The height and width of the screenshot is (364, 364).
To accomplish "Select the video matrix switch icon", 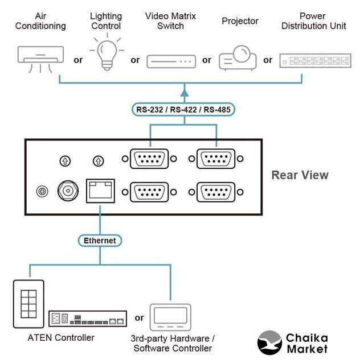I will point(171,61).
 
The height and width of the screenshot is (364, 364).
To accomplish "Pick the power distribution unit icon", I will point(314,60).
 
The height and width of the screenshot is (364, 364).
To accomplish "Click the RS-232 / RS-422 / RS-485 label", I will point(184,109).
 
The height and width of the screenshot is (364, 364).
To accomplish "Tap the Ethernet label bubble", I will point(100,241).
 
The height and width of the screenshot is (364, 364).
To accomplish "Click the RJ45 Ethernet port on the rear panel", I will point(100,191).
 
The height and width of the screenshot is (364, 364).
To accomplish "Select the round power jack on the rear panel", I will point(68,191).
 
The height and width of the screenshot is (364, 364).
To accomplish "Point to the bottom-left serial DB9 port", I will point(150,191).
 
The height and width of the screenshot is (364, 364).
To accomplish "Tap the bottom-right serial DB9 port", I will point(216,191).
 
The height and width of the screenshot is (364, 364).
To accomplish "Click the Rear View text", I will point(300,175).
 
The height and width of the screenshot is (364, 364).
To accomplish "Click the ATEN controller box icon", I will point(87,318).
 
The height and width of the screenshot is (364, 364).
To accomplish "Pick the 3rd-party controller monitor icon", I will point(170,317).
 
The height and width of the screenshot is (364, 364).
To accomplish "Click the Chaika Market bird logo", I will point(269,342).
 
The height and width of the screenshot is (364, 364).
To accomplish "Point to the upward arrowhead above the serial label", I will point(184,91).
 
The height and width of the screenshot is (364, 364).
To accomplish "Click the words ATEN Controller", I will point(61,338).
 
